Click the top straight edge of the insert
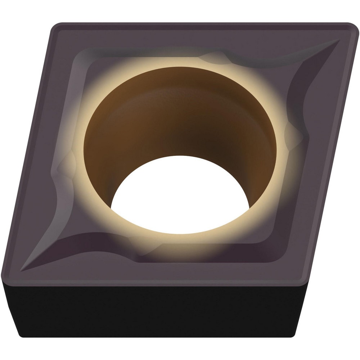point(202,24)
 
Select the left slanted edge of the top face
point(29,151)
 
